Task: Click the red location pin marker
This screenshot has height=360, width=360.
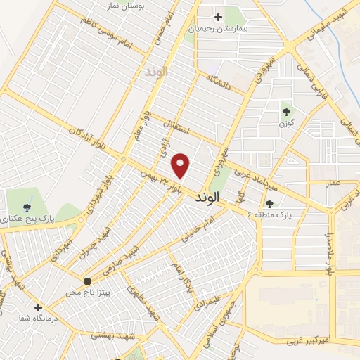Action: pos(181,165)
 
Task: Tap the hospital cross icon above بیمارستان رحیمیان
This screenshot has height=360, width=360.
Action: pos(218,17)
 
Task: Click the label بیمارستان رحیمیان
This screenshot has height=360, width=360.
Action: pos(217,30)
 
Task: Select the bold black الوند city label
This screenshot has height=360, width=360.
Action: pos(224,199)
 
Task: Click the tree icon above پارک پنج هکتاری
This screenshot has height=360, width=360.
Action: pos(26,207)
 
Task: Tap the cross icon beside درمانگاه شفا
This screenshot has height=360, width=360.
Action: pos(38,307)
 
